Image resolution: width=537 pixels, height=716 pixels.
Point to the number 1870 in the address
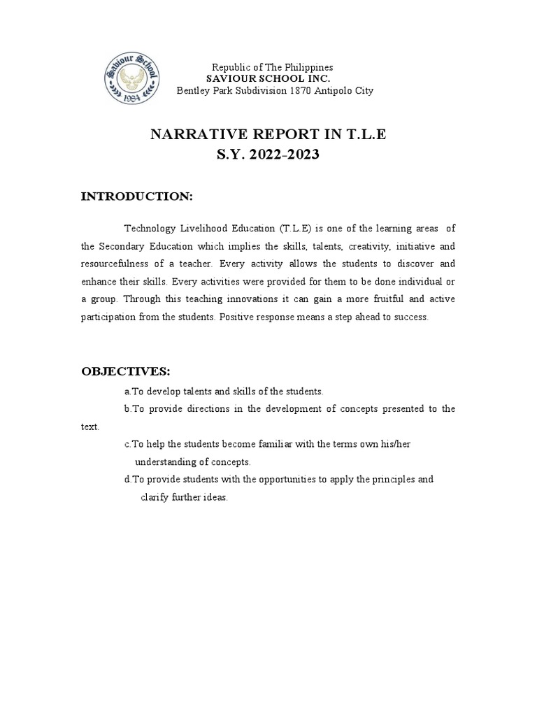(x=301, y=90)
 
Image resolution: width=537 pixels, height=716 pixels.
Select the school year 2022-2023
(x=285, y=155)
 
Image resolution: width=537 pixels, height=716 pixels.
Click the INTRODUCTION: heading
(x=137, y=196)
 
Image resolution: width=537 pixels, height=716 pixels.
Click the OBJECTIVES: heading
(x=126, y=370)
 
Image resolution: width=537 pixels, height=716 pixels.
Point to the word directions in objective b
(x=212, y=408)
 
